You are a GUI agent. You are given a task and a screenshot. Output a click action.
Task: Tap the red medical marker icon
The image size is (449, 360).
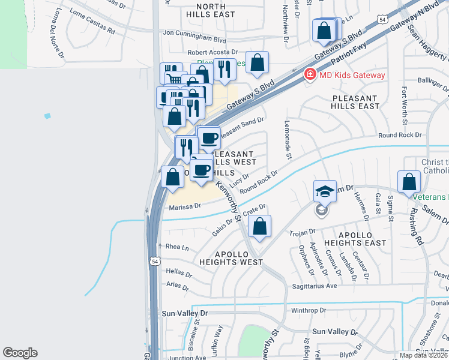click(310, 75)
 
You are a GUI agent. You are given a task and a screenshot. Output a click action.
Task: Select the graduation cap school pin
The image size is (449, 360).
click(325, 191)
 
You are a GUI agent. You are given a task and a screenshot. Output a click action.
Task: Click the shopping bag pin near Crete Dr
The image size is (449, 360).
click(259, 227)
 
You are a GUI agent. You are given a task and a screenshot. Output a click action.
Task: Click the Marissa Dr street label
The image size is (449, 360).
click(184, 206)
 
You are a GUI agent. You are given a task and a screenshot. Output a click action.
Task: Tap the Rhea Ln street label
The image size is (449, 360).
click(176, 247)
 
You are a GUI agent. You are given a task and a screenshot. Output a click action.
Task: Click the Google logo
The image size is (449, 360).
click(20, 353)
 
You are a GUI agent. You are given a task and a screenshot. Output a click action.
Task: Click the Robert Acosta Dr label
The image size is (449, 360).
click(212, 53)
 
